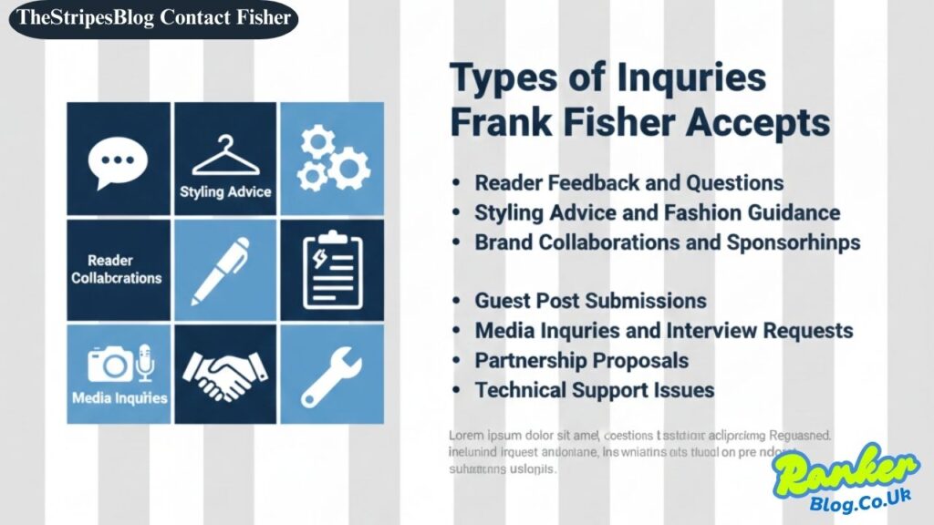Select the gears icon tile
point(331,158)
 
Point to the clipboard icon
point(332,269)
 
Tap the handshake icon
point(225,374)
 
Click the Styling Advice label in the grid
point(225,191)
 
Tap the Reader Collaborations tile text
point(117,269)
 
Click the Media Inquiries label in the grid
point(119,397)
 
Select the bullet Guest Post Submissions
point(590,301)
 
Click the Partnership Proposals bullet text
point(581,360)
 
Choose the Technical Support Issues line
point(594,390)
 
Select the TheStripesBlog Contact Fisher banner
point(154,17)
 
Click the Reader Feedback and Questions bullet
point(628,183)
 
